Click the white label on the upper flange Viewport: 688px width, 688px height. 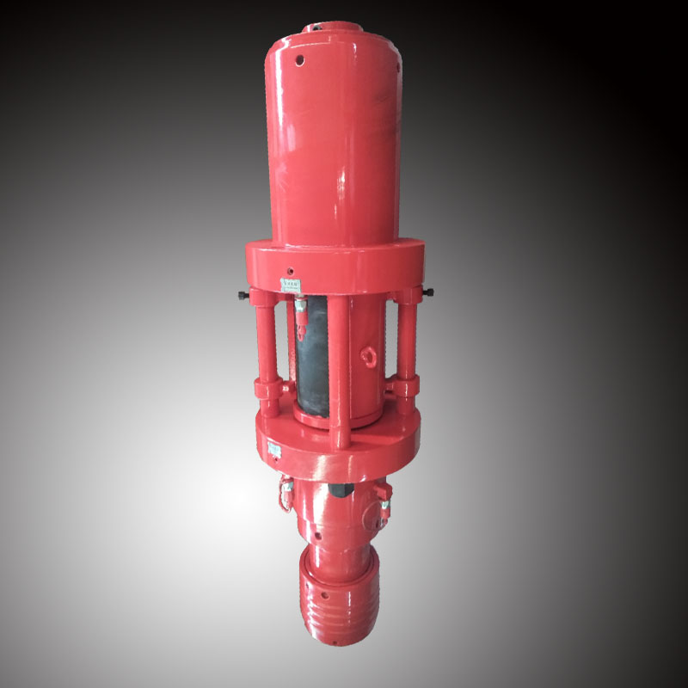[x=291, y=282]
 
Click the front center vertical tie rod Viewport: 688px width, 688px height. [x=341, y=361]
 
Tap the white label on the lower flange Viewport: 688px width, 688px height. [x=273, y=448]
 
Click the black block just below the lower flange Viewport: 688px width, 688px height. [x=336, y=488]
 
